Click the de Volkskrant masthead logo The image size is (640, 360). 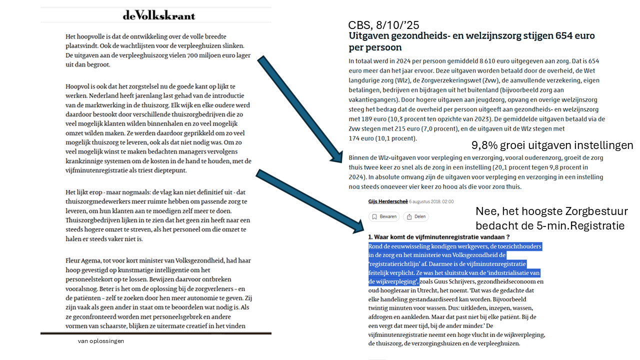pyautogui.click(x=159, y=15)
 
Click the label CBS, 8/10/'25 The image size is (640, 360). pyautogui.click(x=383, y=25)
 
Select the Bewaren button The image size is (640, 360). pyautogui.click(x=384, y=216)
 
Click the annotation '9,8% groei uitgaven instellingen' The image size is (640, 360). pyautogui.click(x=552, y=145)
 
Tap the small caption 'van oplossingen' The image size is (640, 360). pyautogui.click(x=101, y=341)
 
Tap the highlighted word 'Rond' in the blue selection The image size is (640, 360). pyautogui.click(x=376, y=246)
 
